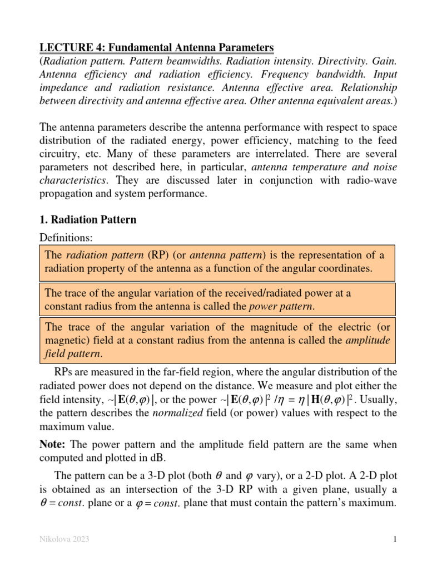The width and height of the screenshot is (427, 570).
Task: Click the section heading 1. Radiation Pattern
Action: [88, 220]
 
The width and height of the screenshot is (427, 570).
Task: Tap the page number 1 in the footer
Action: [393, 539]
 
